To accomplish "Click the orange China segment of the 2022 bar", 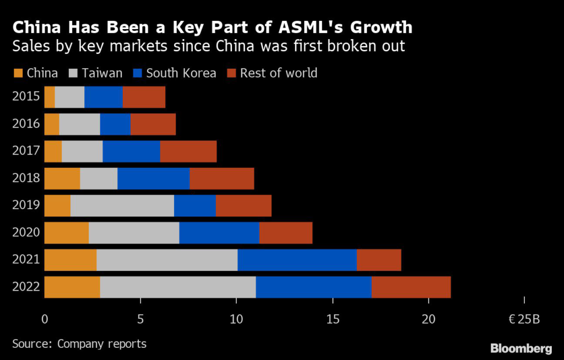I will coord(72,287).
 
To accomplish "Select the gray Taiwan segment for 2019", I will coord(122,205).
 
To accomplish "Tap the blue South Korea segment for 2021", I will coord(297,260).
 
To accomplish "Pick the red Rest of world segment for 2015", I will coord(144,97).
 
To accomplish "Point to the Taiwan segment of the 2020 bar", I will coord(134,232).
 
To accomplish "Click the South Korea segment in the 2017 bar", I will coord(131,151).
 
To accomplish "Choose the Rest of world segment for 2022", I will coord(411,287).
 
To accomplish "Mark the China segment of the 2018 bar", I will coord(62,178).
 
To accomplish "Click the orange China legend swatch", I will coord(17,73).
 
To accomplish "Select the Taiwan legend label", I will coord(102,73).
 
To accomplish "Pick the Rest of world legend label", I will coord(279,73).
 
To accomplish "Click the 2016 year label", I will coord(26,124).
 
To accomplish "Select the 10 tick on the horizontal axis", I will coord(236,318).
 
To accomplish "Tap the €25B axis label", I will coord(524,318).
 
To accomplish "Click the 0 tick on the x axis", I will coord(45,318).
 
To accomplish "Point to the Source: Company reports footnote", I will coord(79,344).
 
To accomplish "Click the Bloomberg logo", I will coord(521,348).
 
